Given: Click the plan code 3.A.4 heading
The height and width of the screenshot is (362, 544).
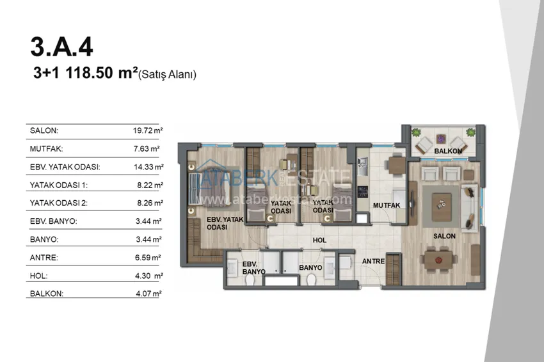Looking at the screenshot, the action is pos(61,47).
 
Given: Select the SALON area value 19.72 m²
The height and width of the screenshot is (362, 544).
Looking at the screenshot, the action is pos(148,130).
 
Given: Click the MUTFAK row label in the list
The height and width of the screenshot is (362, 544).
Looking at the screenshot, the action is pos(46,149).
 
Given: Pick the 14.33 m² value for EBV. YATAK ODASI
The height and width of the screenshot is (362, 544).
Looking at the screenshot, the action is pos(148,167).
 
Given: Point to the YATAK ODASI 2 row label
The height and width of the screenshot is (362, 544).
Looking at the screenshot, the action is pos(59,203).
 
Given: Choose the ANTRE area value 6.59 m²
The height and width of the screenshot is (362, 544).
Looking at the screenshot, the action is pos(148,257).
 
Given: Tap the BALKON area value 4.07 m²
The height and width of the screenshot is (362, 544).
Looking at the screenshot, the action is pos(148,294).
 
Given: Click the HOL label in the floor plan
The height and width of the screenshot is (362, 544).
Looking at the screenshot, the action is pos(319,240).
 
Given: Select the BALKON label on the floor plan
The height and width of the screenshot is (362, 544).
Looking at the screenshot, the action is pos(448,151).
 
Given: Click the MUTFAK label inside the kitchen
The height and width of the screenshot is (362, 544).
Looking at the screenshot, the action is pos(387,205).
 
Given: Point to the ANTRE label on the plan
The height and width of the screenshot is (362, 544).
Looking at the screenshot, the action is pos(373,261).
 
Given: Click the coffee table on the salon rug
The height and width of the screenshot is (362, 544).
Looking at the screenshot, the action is pos(442,207).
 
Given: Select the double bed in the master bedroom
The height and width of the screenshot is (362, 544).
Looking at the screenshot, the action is pos(209,188).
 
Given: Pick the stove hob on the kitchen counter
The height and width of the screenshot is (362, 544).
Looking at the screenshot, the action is pos(363,192).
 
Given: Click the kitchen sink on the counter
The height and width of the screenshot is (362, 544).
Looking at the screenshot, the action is pos(362,166).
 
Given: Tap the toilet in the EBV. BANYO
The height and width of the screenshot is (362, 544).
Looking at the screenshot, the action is pos(250,279).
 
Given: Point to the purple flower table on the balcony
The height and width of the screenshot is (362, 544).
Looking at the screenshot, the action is pos(441,139).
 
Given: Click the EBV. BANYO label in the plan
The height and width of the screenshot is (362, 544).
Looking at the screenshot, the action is pos(253,268).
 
